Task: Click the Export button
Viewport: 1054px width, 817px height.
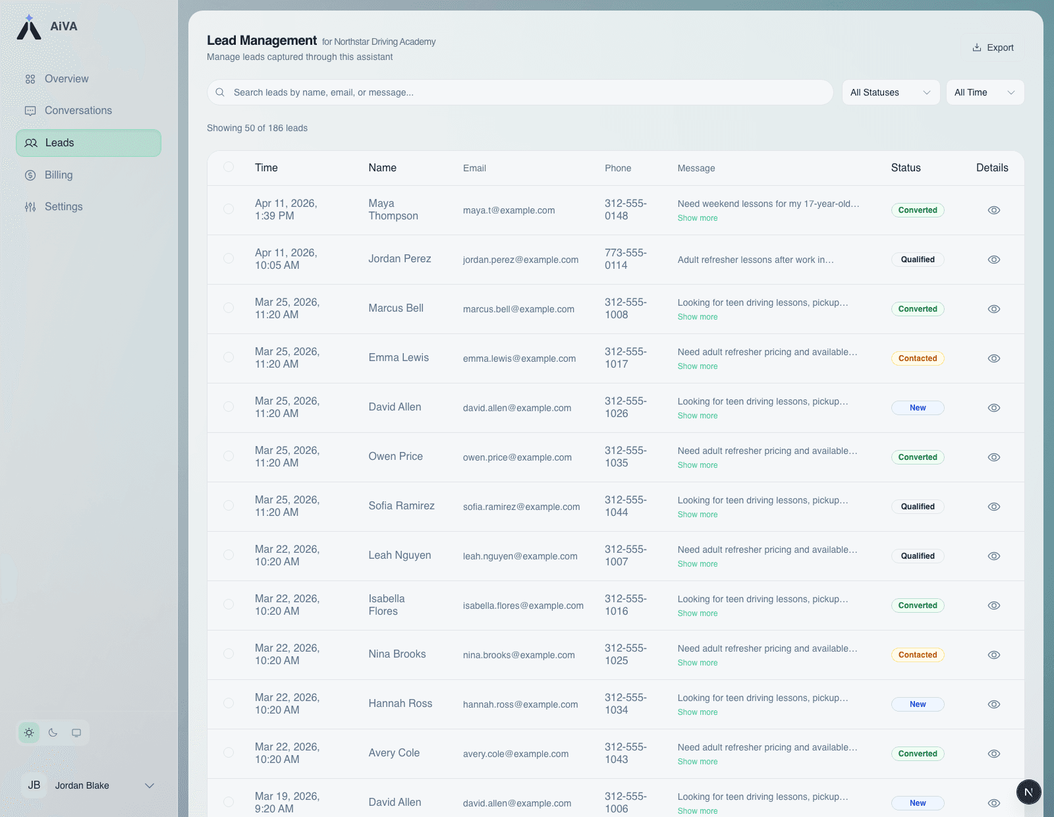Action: [993, 47]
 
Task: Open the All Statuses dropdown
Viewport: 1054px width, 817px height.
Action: [891, 92]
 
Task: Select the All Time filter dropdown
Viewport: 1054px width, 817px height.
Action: [984, 92]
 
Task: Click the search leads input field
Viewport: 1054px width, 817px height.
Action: [520, 92]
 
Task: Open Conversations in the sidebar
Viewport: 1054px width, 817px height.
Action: [78, 111]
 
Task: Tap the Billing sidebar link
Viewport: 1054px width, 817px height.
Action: [58, 175]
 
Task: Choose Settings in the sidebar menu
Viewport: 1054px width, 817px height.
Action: [63, 207]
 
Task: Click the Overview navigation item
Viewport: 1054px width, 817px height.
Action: [66, 79]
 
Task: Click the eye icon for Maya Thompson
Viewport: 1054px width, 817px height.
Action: [994, 210]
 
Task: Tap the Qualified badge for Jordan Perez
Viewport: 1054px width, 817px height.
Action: [918, 260]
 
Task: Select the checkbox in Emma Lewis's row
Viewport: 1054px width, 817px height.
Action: [229, 357]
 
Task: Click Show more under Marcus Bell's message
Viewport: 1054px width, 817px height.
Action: [698, 317]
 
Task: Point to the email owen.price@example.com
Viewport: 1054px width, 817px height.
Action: [517, 457]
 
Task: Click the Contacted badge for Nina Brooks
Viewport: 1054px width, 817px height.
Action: [918, 655]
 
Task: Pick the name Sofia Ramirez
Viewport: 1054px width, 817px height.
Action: [401, 506]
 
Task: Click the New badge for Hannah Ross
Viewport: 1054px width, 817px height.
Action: [918, 704]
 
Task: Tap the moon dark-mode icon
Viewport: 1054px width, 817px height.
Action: [53, 733]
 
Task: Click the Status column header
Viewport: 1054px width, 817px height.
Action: [906, 168]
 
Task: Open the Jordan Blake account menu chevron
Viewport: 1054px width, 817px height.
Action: [150, 785]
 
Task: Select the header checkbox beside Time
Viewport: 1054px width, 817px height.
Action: [229, 167]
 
